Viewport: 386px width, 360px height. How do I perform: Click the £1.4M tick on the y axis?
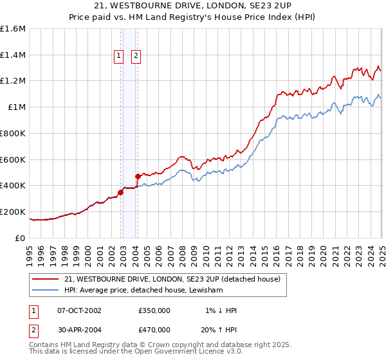pos(13,55)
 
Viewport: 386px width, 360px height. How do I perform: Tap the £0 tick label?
pos(21,238)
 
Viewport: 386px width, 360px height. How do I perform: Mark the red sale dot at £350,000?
pos(120,192)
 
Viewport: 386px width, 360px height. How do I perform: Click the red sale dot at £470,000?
pos(138,176)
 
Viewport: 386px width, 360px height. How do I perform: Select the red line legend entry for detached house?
pos(172,280)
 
